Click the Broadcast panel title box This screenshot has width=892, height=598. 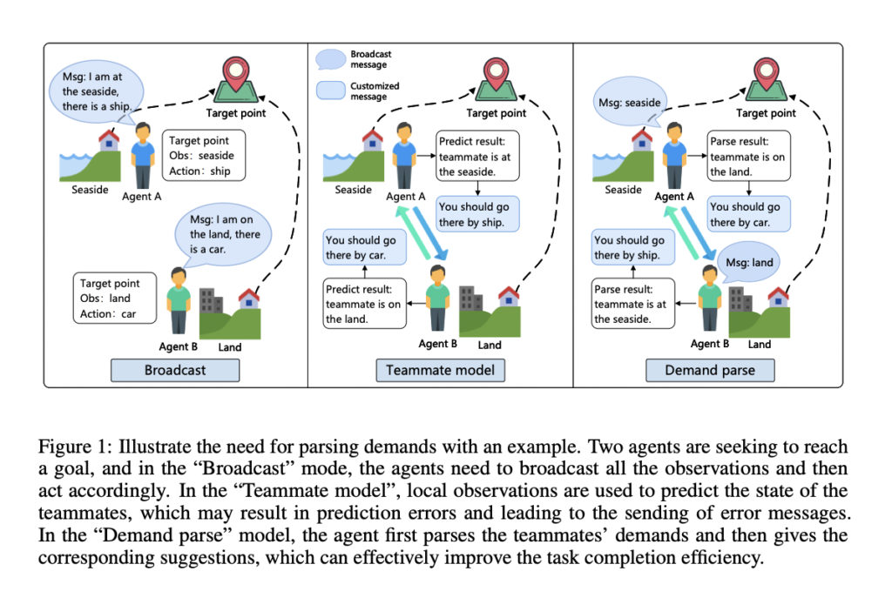175,369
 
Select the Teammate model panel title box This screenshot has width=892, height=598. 440,369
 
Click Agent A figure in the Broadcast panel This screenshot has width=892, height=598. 144,154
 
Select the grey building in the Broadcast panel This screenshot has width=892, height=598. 212,300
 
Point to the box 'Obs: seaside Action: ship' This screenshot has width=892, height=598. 204,155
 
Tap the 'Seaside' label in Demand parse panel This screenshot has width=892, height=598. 623,190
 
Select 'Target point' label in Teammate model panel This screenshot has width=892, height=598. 496,113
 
